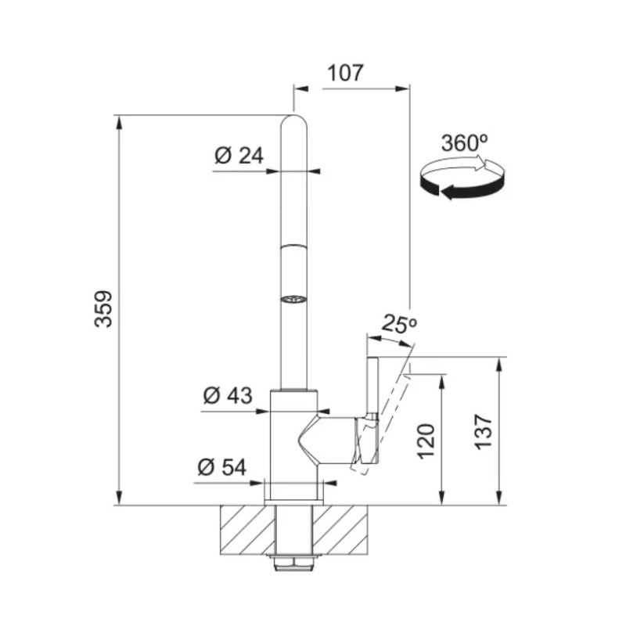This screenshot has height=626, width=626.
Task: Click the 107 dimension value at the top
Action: point(345,73)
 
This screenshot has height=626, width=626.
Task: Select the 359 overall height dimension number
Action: point(103,309)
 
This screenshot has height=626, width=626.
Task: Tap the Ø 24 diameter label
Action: point(239,155)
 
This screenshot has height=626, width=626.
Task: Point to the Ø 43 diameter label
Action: point(228,395)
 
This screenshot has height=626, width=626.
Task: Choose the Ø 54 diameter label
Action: point(222,467)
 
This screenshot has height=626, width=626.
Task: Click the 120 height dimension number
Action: point(426,441)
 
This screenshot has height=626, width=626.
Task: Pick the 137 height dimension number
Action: point(484,433)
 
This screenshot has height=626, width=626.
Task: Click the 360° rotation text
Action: point(464,142)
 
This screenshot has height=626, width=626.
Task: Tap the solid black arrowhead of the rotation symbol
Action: point(447,192)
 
